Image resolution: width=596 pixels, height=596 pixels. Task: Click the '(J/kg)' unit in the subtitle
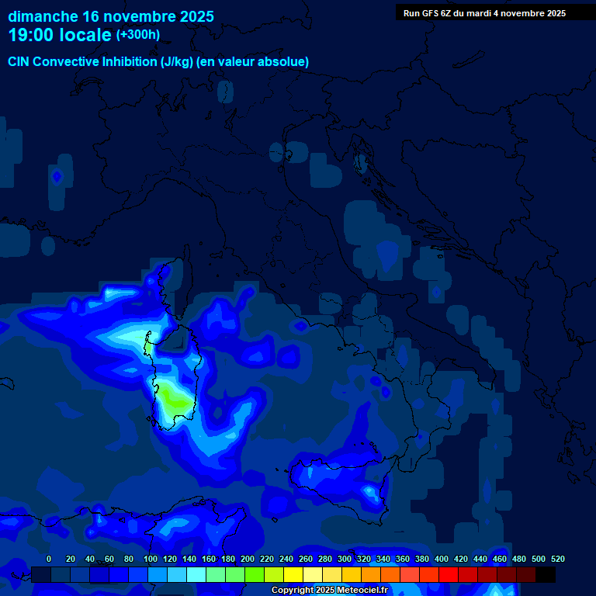click(178, 62)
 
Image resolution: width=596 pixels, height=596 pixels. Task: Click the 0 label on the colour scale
click(49, 559)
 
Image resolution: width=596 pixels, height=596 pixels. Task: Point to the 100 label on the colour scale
click(151, 559)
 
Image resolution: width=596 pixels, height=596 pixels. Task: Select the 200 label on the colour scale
click(248, 559)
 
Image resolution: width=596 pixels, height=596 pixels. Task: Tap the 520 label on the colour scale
click(557, 559)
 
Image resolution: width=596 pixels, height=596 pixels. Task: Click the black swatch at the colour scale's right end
click(546, 574)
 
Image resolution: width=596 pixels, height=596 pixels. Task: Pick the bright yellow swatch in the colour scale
click(293, 574)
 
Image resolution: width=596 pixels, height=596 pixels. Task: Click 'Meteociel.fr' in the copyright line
click(369, 591)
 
